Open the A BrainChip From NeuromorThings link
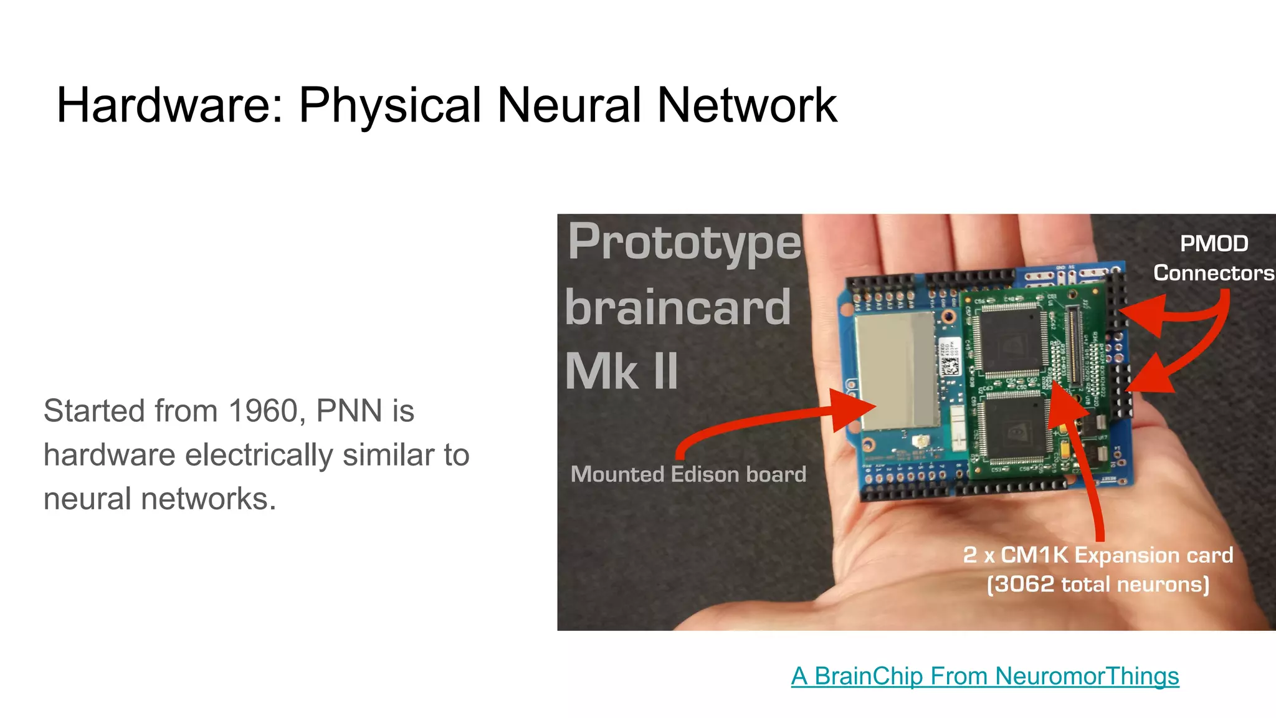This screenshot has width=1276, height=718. (984, 676)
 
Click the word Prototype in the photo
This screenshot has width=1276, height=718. (684, 243)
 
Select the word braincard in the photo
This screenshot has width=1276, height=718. (678, 308)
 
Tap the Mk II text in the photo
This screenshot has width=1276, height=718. (621, 372)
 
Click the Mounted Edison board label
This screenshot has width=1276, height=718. (688, 474)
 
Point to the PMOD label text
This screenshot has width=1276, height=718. (1214, 244)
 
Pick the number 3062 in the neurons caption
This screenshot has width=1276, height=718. (1024, 585)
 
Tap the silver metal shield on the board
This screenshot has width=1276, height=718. (897, 372)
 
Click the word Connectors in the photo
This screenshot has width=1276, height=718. (1213, 273)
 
